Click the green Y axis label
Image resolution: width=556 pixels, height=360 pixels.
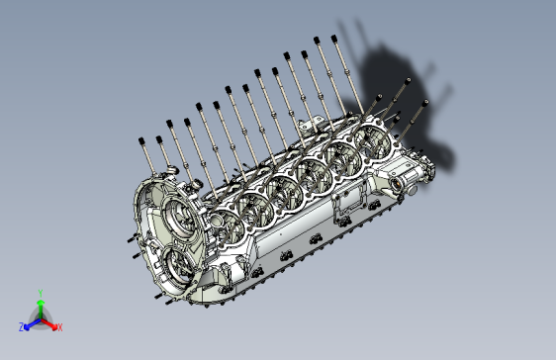pos(40,293)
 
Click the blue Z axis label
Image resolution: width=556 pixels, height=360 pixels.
pos(22,326)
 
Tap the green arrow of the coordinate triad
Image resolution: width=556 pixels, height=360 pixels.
pos(40,306)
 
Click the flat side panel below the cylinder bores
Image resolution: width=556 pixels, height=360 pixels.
pos(287,232)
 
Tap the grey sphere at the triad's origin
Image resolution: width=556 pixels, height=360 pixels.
pos(40,318)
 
